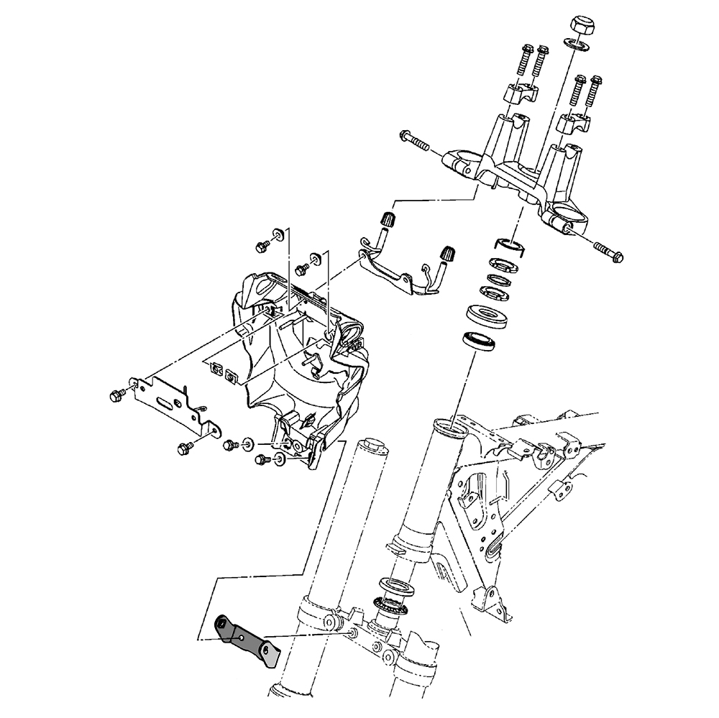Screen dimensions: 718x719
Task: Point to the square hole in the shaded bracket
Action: (x=242, y=636)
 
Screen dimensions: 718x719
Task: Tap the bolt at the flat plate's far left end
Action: (x=116, y=395)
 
